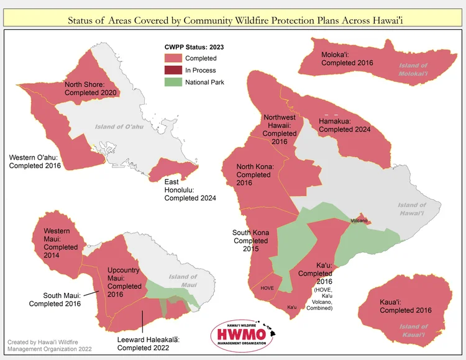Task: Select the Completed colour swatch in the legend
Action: coord(172,58)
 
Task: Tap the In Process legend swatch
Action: coord(172,70)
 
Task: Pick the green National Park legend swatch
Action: coord(172,82)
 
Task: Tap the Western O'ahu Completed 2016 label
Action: coord(35,161)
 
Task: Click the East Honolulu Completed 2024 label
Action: coord(190,190)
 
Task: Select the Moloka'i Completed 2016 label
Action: coord(347,59)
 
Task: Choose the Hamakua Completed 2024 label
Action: coord(344,125)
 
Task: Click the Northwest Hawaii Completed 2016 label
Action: coord(280,129)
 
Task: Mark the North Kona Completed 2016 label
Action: coord(254,174)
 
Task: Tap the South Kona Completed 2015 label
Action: coord(251,240)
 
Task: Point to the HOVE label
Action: coord(267,288)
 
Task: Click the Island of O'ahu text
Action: coord(121,127)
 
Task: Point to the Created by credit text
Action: coord(50,345)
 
